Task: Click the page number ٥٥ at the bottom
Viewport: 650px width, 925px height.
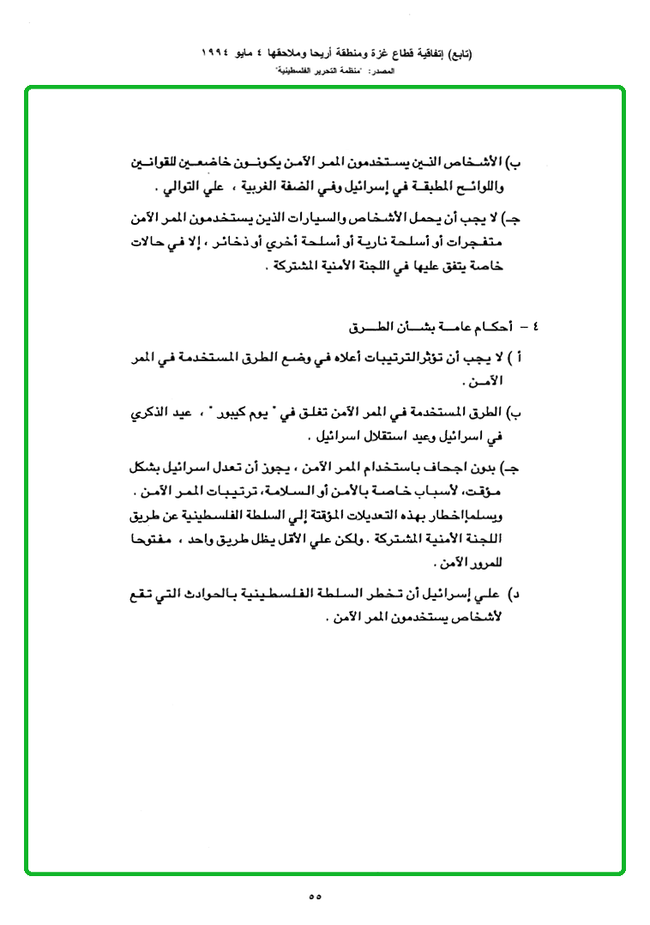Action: pos(314,897)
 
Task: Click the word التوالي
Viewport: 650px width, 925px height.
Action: pos(180,185)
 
